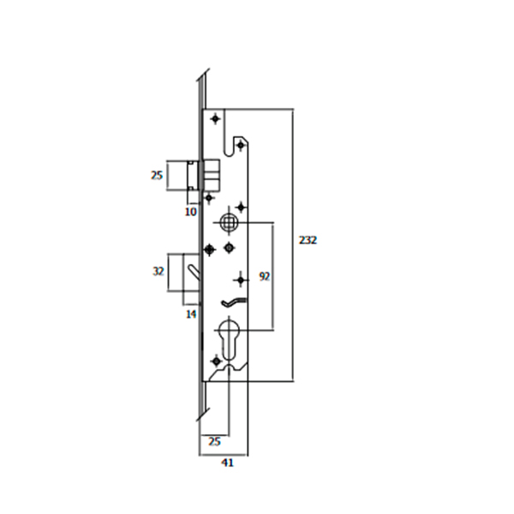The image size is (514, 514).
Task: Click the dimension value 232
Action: (308, 241)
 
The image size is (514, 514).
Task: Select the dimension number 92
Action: (264, 277)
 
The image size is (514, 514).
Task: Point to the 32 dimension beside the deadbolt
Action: (157, 271)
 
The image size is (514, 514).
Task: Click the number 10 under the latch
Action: (190, 211)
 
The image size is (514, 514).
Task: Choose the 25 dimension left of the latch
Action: (157, 176)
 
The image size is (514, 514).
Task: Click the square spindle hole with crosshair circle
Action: (228, 223)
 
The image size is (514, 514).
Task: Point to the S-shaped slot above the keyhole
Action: (233, 302)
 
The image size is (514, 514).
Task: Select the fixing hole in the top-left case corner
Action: (214, 120)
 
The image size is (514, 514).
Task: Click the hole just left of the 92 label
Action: (241, 277)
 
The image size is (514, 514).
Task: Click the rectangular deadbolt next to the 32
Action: (184, 279)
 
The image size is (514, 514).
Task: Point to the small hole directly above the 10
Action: (208, 198)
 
